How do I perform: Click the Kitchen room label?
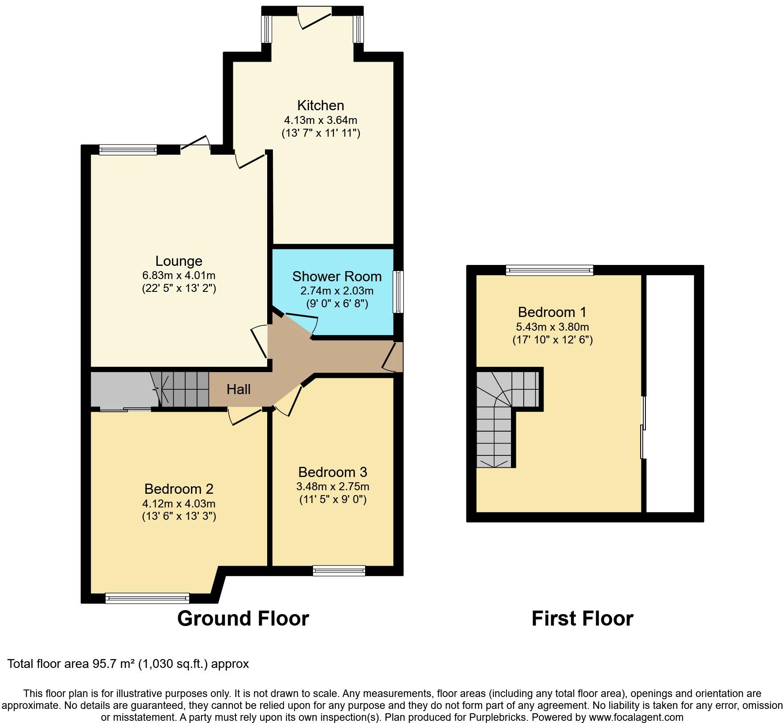coord(321,105)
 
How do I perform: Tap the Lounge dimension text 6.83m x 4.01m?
coord(179,276)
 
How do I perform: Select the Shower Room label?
coord(337,276)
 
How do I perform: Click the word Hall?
coord(239,389)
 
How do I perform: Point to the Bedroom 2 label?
coord(179,489)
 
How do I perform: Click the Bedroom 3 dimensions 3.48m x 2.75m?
coord(332,487)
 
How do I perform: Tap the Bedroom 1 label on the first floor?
coord(552,312)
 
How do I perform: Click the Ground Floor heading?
coord(243,619)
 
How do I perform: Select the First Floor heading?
coord(582,619)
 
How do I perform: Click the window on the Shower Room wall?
coord(398,292)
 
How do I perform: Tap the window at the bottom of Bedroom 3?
coord(339,571)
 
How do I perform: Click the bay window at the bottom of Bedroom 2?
coord(147,598)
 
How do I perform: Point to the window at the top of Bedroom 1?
coord(549,270)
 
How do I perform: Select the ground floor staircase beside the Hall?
coord(184,389)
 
